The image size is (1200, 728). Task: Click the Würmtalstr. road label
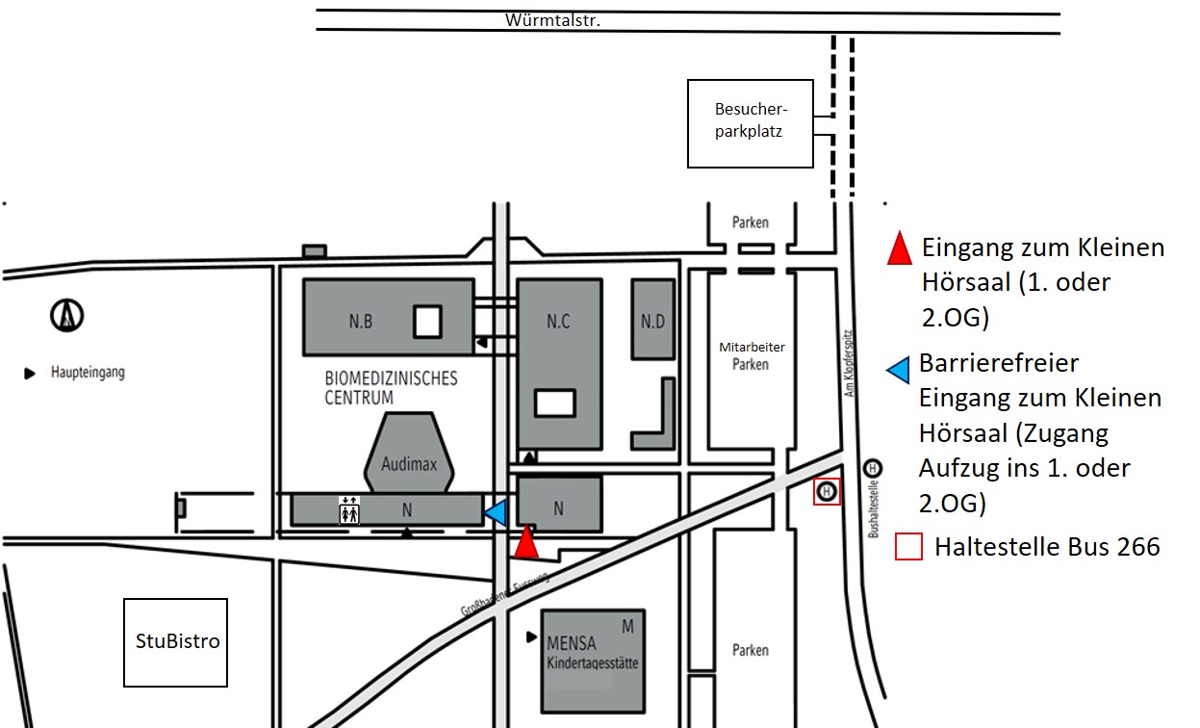tap(554, 20)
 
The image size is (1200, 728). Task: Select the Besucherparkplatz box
tap(749, 123)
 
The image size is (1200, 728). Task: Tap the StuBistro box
tap(175, 642)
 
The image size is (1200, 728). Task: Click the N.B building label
tap(361, 322)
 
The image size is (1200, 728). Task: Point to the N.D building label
tap(652, 322)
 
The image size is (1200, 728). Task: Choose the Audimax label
tap(409, 464)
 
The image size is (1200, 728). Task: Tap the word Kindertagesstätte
tap(593, 664)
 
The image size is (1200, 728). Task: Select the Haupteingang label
tap(88, 373)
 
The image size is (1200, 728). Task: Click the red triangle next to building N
tap(525, 543)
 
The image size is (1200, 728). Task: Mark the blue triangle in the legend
tap(899, 371)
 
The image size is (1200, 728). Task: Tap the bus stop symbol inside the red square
tap(827, 492)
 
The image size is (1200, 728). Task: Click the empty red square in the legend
tap(909, 547)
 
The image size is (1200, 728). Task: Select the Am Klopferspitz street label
tap(850, 373)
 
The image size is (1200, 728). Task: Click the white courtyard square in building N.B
tap(428, 321)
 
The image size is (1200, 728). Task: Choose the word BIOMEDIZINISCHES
tap(391, 378)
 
